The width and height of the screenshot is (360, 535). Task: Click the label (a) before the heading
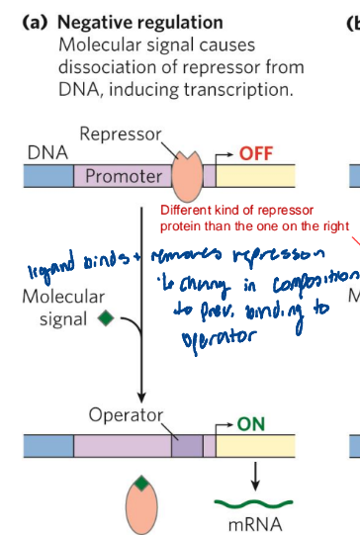tap(37, 22)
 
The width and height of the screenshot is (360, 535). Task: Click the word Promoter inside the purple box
tap(123, 177)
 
